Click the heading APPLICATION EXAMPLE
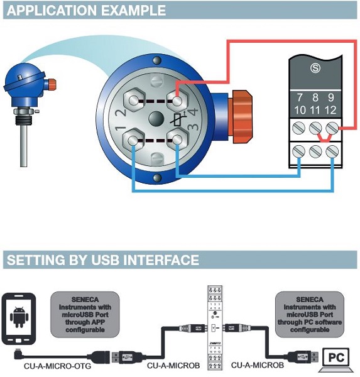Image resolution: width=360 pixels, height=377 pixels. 86,11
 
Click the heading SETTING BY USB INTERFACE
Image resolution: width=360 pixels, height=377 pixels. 102,260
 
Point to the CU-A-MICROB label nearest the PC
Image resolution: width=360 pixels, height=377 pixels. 258,365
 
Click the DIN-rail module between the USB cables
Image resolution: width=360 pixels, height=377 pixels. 214,327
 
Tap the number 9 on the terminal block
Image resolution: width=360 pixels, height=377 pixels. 330,97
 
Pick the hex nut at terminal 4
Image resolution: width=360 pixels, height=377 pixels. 178,99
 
